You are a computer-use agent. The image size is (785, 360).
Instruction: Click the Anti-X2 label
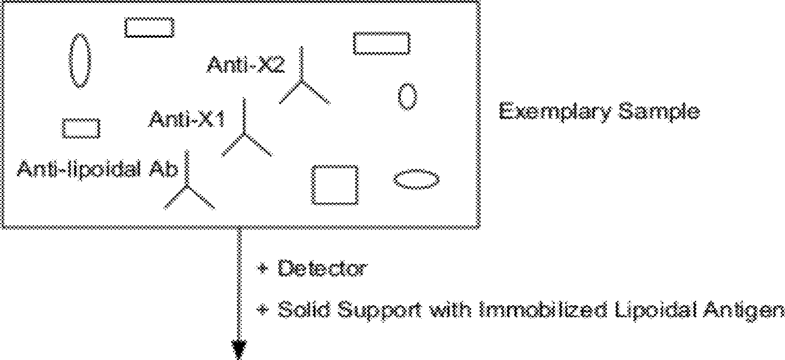point(245,65)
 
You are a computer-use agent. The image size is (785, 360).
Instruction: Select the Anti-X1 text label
point(187,119)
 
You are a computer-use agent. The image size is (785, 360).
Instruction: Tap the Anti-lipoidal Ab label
point(97,169)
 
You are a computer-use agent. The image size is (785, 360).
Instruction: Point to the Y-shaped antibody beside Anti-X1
point(245,133)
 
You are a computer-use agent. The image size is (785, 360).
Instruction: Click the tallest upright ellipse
point(79,60)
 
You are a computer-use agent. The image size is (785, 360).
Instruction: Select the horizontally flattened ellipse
point(416,180)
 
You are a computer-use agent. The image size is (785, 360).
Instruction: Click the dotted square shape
point(335,185)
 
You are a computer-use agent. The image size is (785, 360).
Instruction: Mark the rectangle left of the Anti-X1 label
point(81,128)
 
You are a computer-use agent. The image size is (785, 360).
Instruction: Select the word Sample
point(659,112)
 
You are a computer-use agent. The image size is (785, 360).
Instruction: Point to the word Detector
point(322,268)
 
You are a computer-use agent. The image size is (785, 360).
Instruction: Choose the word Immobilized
point(543,310)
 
